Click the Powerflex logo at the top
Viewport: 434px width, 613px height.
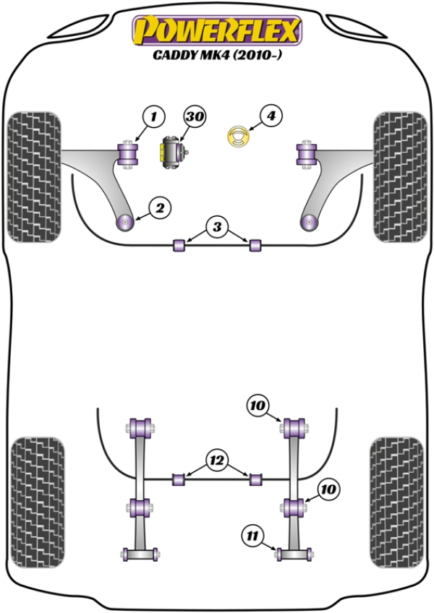216,30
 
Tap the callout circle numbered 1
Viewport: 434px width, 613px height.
153,116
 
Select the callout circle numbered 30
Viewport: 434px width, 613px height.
194,116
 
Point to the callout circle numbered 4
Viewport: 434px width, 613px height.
270,116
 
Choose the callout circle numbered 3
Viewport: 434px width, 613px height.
216,227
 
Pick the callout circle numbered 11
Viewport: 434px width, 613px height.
252,536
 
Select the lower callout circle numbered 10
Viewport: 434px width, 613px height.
328,489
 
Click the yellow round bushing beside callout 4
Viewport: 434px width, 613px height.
238,136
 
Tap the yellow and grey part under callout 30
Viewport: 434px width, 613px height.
173,152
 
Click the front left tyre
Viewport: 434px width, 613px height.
33,176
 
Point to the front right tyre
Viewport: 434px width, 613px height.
400,176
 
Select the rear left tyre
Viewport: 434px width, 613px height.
38,499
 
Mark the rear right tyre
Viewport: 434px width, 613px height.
396,499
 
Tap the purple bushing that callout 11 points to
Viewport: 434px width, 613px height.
292,554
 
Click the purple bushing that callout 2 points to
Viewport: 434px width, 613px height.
126,220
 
